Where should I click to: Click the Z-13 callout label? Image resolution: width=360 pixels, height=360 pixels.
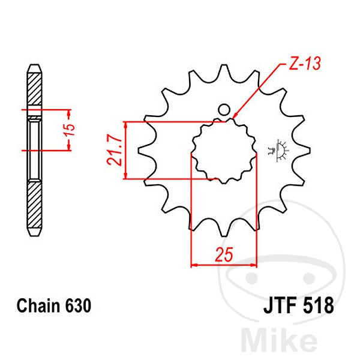pyautogui.click(x=304, y=63)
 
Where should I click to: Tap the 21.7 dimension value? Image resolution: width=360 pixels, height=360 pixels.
pyautogui.click(x=114, y=150)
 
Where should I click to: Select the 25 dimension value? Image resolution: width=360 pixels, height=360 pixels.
pyautogui.click(x=224, y=254)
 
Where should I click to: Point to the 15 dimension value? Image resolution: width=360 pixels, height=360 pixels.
pyautogui.click(x=70, y=130)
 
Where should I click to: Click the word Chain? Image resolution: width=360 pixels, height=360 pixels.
pyautogui.click(x=38, y=305)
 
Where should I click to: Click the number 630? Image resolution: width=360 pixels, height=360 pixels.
pyautogui.click(x=78, y=305)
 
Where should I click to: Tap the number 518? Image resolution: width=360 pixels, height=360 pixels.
pyautogui.click(x=318, y=305)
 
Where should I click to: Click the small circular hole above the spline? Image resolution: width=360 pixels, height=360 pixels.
pyautogui.click(x=224, y=110)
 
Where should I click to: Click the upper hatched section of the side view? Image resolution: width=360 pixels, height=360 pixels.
pyautogui.click(x=35, y=89)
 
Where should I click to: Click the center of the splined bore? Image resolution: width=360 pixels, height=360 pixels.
pyautogui.click(x=224, y=151)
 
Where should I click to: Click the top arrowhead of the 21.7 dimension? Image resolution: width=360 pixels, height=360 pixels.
pyautogui.click(x=125, y=125)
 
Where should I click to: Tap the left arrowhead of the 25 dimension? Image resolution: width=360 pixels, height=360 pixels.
pyautogui.click(x=194, y=265)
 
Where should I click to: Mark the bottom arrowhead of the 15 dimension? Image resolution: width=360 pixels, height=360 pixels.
pyautogui.click(x=68, y=147)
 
